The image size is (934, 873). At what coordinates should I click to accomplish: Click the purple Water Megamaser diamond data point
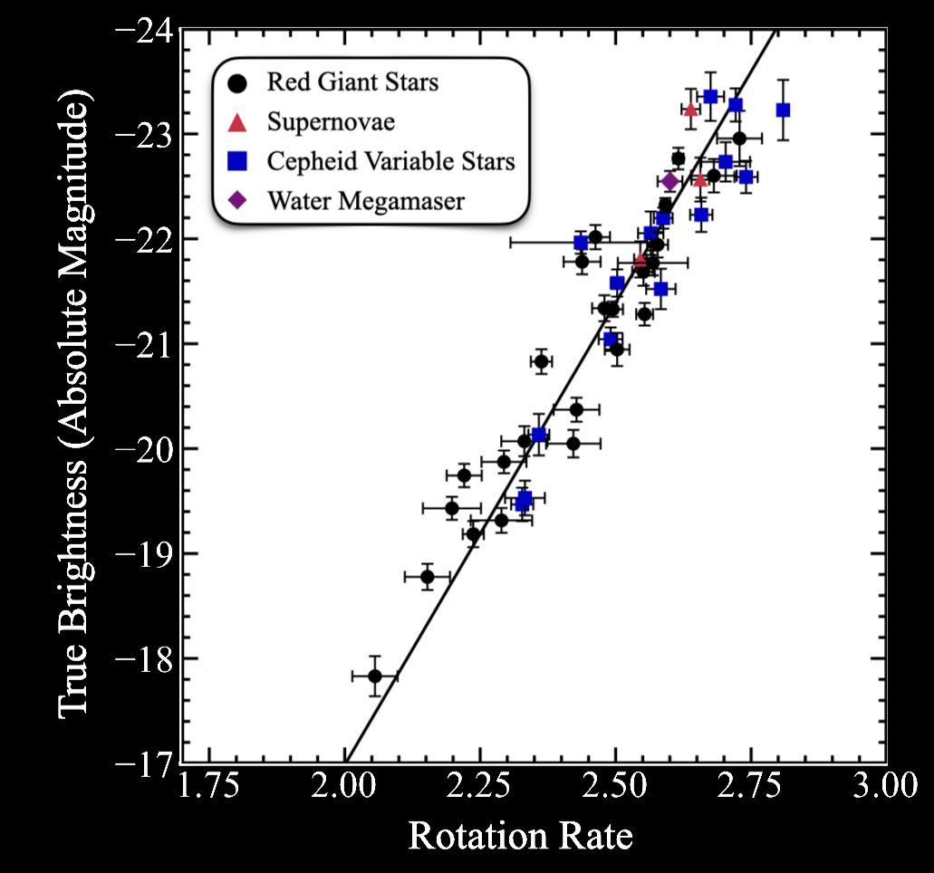(669, 181)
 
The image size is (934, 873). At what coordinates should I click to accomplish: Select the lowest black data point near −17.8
(375, 676)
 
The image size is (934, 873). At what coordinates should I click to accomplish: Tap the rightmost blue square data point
(783, 110)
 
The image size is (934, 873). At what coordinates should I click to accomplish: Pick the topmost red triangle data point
(690, 110)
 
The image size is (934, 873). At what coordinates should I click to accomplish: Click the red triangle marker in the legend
(237, 121)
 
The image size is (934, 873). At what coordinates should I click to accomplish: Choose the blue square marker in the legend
(237, 161)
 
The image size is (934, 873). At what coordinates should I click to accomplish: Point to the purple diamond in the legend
(237, 200)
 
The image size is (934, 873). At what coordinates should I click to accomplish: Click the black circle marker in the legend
(237, 82)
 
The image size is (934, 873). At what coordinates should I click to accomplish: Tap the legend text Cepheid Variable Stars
(390, 161)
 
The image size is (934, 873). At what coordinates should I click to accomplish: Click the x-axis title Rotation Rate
(520, 836)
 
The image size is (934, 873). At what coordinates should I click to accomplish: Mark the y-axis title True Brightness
(78, 398)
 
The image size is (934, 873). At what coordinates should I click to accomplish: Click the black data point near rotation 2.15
(428, 577)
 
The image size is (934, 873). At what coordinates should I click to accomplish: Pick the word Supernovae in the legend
(331, 121)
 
